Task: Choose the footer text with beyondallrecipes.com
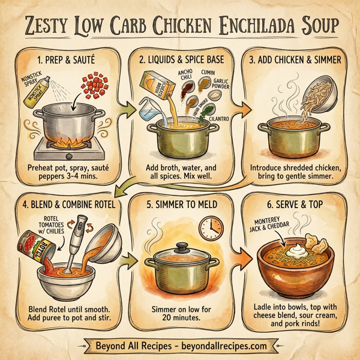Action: coord(180,346)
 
